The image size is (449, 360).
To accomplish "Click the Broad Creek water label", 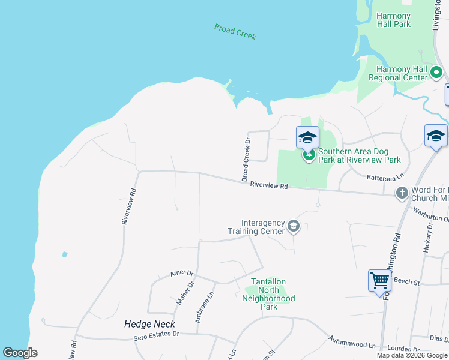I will pyautogui.click(x=235, y=31).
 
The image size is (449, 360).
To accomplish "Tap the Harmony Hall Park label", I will pyautogui.click(x=393, y=20).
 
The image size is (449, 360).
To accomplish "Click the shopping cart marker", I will pyautogui.click(x=379, y=280).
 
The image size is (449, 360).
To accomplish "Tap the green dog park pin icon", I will pyautogui.click(x=309, y=155).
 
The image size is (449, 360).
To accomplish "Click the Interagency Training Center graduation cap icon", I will pyautogui.click(x=293, y=226).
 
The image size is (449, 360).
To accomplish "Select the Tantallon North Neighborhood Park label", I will pyautogui.click(x=268, y=294).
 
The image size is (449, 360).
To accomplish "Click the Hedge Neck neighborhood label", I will pyautogui.click(x=149, y=324).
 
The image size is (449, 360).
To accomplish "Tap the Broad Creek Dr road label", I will pyautogui.click(x=246, y=160).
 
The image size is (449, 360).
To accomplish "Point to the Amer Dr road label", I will pyautogui.click(x=179, y=273).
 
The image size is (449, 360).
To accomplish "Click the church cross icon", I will pyautogui.click(x=402, y=193).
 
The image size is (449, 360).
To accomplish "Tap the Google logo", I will pyautogui.click(x=20, y=353).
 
